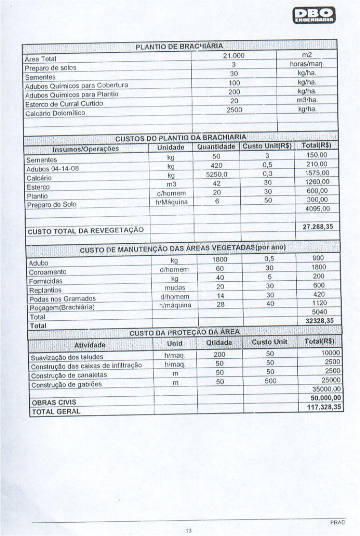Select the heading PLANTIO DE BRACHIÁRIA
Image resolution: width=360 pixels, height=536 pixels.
click(180, 46)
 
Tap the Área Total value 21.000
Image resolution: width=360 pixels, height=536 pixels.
click(233, 56)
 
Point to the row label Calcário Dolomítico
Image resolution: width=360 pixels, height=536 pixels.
click(55, 113)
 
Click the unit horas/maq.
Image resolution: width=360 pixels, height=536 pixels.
click(307, 65)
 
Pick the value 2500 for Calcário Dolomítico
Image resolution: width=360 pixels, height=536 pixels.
click(233, 109)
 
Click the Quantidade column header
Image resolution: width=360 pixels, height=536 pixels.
click(216, 147)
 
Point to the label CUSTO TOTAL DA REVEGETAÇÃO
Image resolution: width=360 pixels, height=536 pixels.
click(86, 231)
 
